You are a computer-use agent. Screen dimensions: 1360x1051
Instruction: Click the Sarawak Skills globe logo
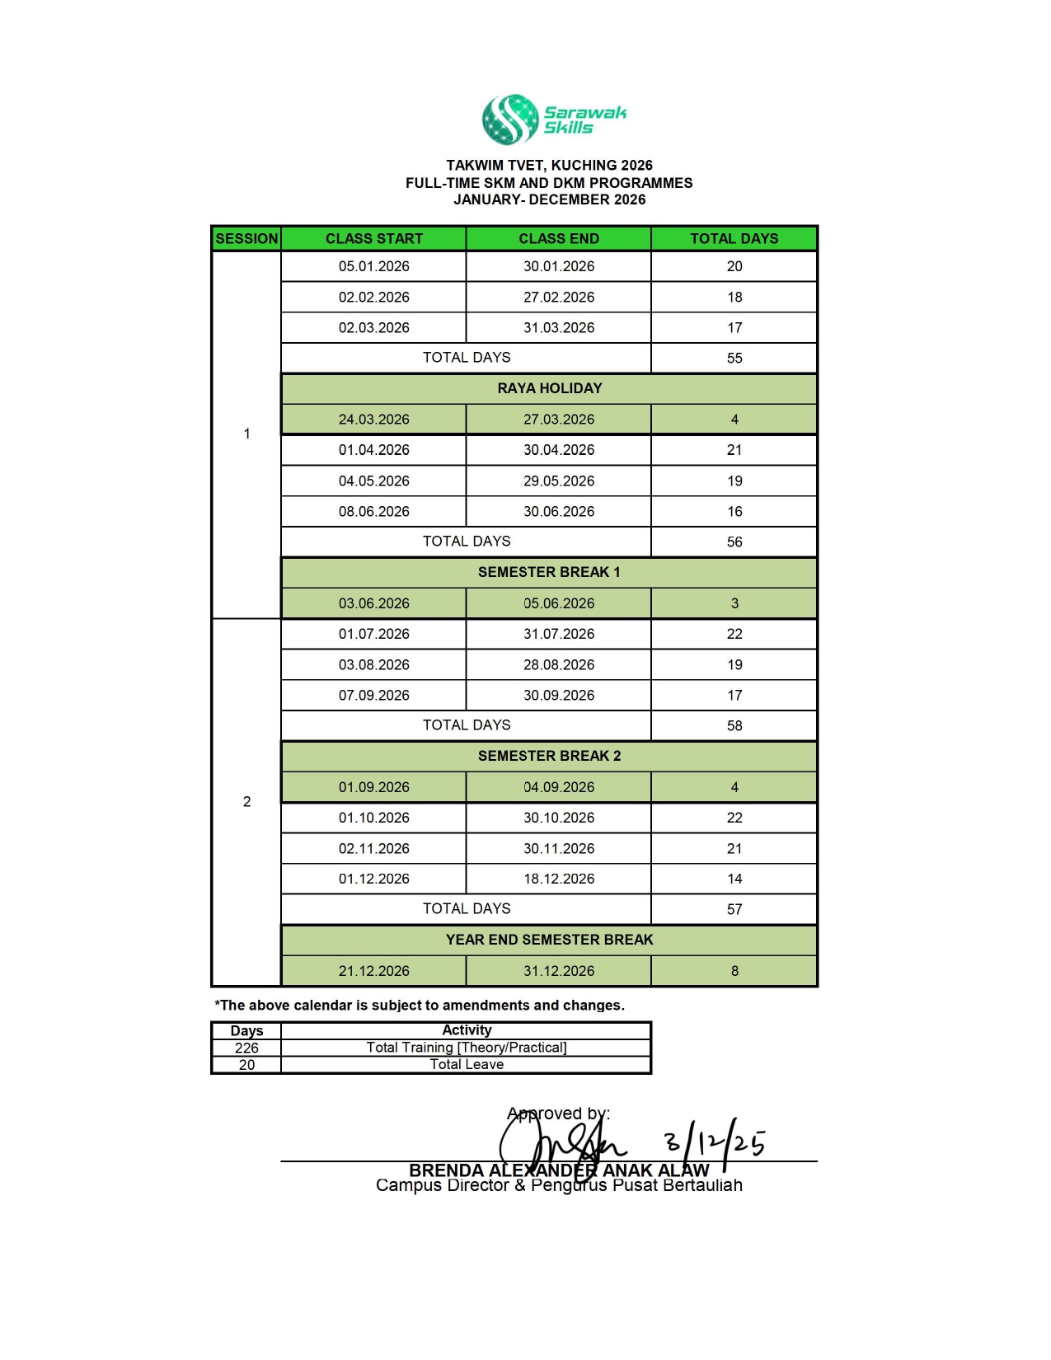pyautogui.click(x=510, y=120)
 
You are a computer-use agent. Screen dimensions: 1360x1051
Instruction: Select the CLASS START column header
pyautogui.click(x=373, y=239)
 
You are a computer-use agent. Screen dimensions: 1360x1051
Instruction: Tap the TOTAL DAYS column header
pyautogui.click(x=734, y=239)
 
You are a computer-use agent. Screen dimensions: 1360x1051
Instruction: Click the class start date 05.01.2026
pyautogui.click(x=373, y=266)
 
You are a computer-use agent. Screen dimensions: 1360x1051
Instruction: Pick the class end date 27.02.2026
pyautogui.click(x=559, y=297)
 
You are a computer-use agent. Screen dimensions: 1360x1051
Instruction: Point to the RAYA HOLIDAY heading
pyautogui.click(x=549, y=388)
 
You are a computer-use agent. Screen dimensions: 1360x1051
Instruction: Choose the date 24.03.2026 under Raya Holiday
pyautogui.click(x=373, y=420)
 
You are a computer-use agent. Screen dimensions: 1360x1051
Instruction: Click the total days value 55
pyautogui.click(x=734, y=358)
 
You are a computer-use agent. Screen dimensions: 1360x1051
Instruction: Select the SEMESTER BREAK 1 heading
pyautogui.click(x=549, y=572)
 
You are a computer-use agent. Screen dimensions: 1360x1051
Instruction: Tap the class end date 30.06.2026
pyautogui.click(x=559, y=512)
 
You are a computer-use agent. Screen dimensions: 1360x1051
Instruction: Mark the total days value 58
pyautogui.click(x=734, y=725)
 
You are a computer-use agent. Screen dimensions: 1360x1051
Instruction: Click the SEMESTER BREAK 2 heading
pyautogui.click(x=549, y=756)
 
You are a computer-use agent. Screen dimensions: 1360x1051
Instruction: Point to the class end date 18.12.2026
pyautogui.click(x=559, y=879)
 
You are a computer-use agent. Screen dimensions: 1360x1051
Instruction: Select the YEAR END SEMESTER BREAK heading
pyautogui.click(x=549, y=940)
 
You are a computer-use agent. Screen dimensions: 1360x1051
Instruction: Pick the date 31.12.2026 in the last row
pyautogui.click(x=559, y=971)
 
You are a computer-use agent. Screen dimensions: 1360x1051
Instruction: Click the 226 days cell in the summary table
pyautogui.click(x=246, y=1048)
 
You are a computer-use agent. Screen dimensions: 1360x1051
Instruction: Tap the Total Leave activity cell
pyautogui.click(x=467, y=1064)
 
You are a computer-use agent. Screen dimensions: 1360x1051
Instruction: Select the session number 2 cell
pyautogui.click(x=246, y=801)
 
